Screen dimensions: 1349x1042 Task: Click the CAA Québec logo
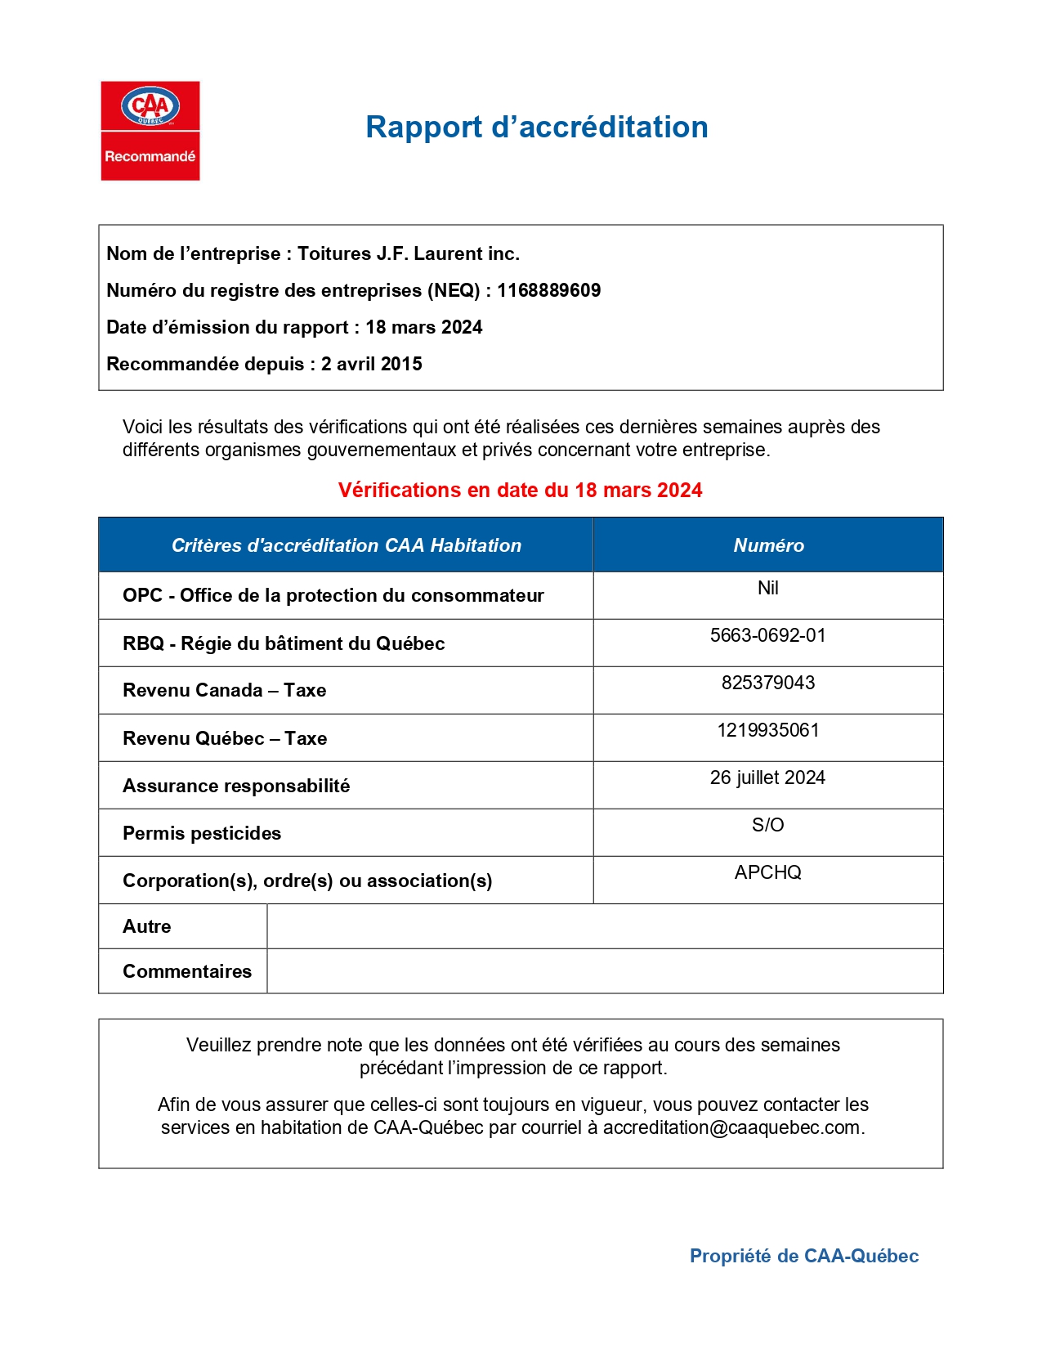pos(150,130)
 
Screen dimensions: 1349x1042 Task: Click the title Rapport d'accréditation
pos(536,128)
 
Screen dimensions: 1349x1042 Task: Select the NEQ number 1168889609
pos(548,290)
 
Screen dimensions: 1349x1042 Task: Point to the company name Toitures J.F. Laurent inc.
pos(408,253)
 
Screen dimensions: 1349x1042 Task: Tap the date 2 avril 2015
pos(371,364)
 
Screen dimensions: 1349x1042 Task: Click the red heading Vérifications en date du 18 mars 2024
pos(520,490)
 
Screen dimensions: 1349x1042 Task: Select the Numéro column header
pos(768,545)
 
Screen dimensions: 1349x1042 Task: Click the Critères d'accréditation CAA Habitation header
pos(346,545)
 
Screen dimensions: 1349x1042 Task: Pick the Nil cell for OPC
pos(767,588)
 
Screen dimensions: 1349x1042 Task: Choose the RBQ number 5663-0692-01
pos(767,635)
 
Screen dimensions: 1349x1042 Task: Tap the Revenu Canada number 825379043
pos(767,683)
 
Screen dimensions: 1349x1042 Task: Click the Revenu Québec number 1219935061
pos(767,730)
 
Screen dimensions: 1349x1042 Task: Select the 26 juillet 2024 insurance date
pos(767,778)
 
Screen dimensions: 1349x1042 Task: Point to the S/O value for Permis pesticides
pos(767,825)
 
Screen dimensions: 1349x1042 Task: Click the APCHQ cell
pos(767,872)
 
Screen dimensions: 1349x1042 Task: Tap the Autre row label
pos(147,926)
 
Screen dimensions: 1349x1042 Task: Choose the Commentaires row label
pos(187,971)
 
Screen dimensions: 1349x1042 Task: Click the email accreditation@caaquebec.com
pos(731,1127)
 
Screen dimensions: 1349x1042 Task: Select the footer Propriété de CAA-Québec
pos(803,1256)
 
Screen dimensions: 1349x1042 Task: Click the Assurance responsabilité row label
pos(236,786)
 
